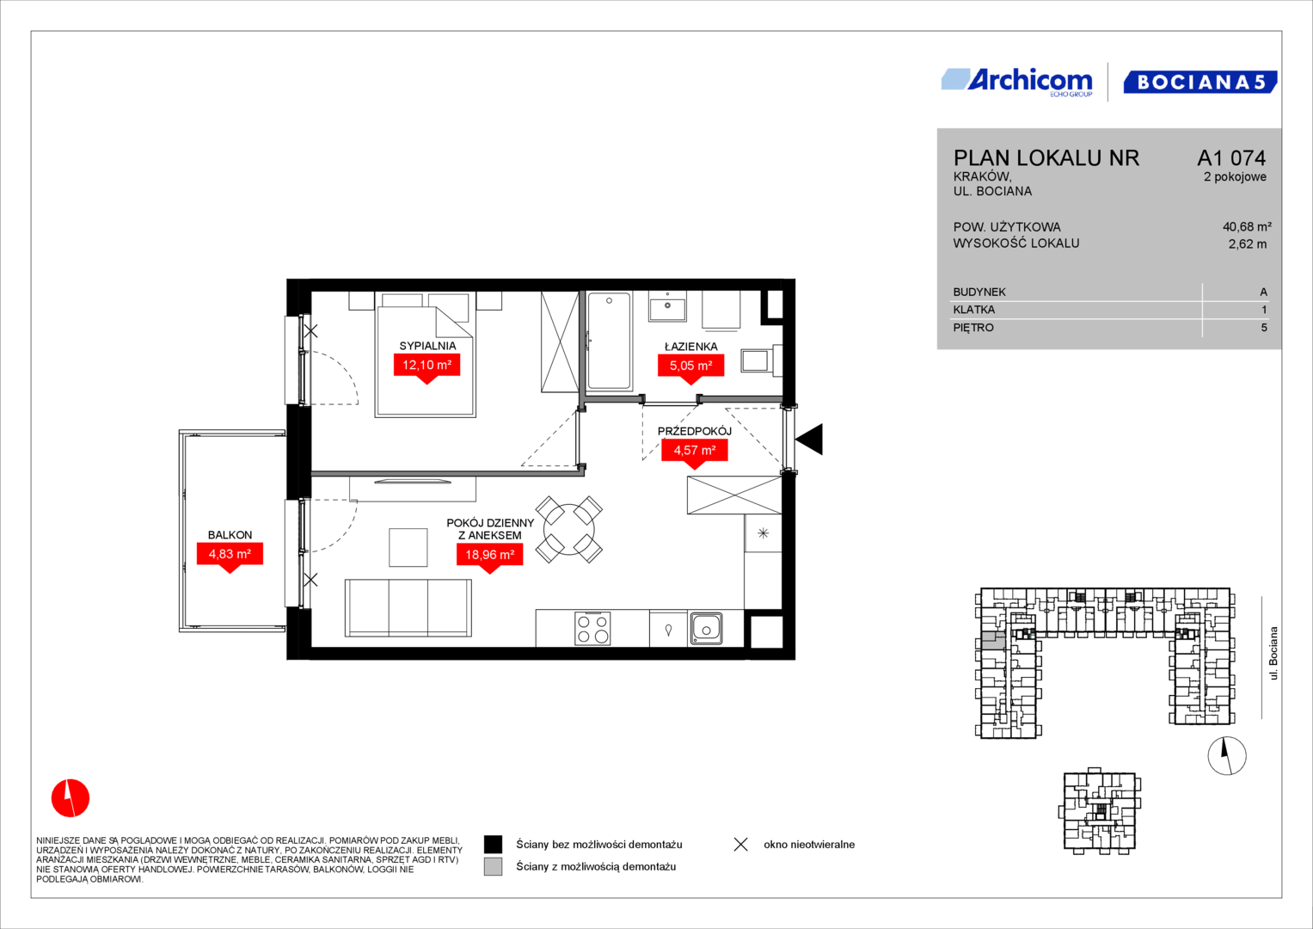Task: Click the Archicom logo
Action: (x=1017, y=82)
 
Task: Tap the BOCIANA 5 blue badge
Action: (x=1200, y=82)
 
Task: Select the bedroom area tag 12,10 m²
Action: (x=426, y=367)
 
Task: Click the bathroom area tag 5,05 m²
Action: (x=691, y=368)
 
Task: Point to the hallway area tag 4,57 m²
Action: (x=695, y=452)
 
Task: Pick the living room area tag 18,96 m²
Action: (x=489, y=557)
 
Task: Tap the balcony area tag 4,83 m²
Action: (x=230, y=556)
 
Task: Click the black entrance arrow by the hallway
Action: (x=809, y=439)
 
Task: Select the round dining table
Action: (x=568, y=530)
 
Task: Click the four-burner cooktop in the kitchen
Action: (x=592, y=629)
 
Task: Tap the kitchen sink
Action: (x=706, y=629)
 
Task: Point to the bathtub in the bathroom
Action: (x=609, y=341)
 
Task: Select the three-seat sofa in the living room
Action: (x=408, y=607)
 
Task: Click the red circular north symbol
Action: (x=71, y=798)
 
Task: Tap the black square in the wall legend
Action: (x=493, y=845)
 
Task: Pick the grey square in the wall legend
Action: (x=493, y=867)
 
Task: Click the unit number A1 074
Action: (x=1231, y=157)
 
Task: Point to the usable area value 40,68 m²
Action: (x=1247, y=227)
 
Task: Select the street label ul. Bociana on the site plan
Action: (x=1273, y=654)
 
